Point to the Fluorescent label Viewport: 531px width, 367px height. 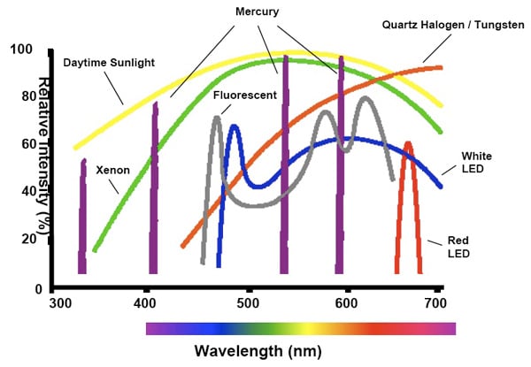(243, 93)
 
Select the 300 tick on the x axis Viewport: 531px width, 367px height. (60, 304)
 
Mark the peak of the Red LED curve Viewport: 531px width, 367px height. (408, 143)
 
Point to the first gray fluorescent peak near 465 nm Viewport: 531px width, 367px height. (216, 118)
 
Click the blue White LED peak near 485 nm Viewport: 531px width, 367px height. (235, 126)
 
